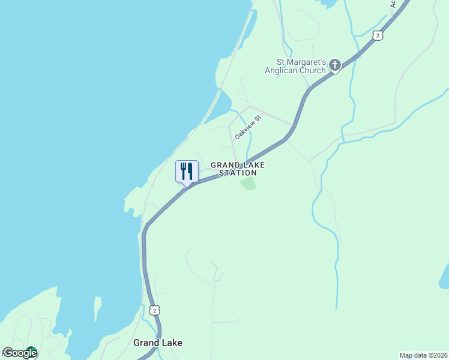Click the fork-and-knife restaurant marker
pyautogui.click(x=187, y=171)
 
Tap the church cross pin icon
pyautogui.click(x=335, y=65)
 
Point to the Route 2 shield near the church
pyautogui.click(x=377, y=36)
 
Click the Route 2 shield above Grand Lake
pyautogui.click(x=155, y=310)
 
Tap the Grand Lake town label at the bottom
pyautogui.click(x=157, y=343)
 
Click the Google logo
pyautogui.click(x=20, y=353)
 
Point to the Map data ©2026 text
pyautogui.click(x=424, y=355)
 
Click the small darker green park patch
pyautogui.click(x=249, y=183)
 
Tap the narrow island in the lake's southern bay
pyautogui.click(x=98, y=308)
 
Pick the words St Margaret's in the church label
pyautogui.click(x=301, y=62)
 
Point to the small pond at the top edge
pyautogui.click(x=328, y=3)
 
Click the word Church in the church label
pyautogui.click(x=315, y=70)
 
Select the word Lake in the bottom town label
pyautogui.click(x=170, y=343)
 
